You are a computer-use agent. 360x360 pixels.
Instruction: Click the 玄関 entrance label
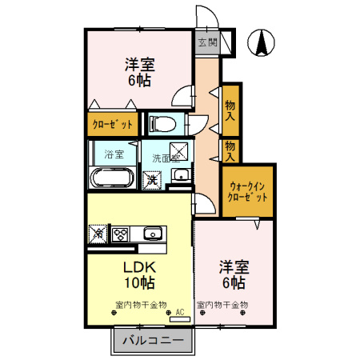(x=207, y=42)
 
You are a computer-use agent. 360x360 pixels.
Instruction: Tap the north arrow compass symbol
(x=262, y=42)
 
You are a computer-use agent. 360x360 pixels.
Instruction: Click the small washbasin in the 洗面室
(x=182, y=175)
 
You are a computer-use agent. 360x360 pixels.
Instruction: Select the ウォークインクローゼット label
(x=247, y=190)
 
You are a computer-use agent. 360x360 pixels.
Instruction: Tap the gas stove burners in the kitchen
(x=122, y=234)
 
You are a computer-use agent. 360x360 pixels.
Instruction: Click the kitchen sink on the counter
(x=153, y=234)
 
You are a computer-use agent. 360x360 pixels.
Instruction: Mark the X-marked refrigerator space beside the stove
(x=99, y=234)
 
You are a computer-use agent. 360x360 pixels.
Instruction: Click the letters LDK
(x=137, y=267)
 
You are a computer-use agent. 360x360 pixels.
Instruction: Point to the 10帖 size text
(x=138, y=283)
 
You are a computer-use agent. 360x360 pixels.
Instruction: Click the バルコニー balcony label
(x=153, y=342)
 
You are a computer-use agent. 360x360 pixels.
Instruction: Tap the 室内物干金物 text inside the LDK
(x=141, y=305)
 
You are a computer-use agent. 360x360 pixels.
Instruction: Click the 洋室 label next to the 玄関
(x=139, y=64)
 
